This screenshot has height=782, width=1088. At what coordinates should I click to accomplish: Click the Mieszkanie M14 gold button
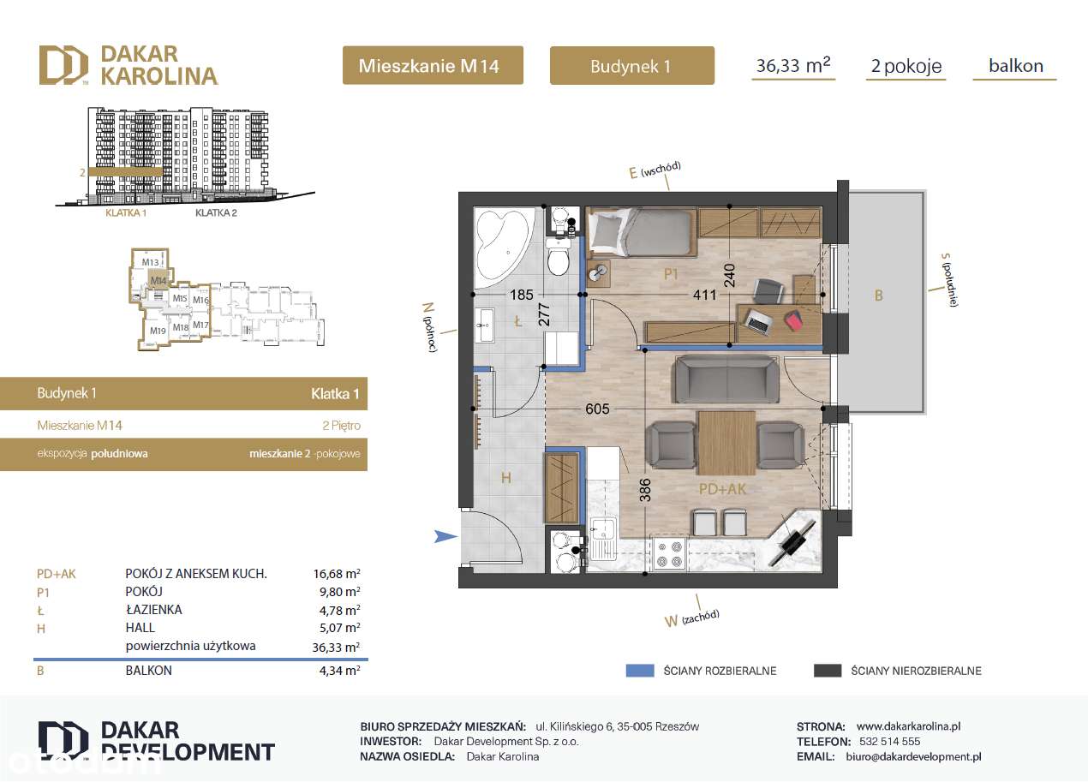[433, 65]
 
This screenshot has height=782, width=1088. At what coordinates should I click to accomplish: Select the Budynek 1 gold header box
[631, 65]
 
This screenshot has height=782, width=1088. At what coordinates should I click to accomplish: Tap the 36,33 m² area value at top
[792, 65]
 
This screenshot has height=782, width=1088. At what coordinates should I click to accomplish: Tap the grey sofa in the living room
[726, 380]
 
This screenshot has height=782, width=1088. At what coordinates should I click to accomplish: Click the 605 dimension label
[597, 409]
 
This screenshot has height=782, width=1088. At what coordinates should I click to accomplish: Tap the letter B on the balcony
[878, 295]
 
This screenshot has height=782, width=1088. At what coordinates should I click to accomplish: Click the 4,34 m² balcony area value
[338, 671]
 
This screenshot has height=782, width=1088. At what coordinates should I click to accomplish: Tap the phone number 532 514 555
[889, 742]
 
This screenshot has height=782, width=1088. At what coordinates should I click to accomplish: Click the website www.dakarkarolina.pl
[908, 725]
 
